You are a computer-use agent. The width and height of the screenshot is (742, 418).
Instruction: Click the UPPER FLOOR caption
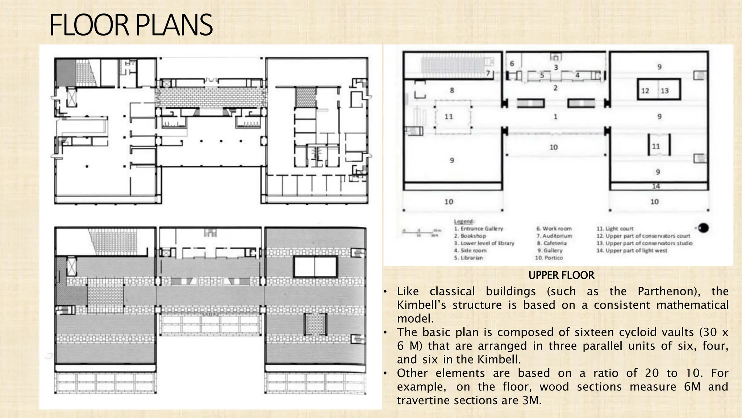point(561,275)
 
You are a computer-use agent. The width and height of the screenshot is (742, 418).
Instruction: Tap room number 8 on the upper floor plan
point(452,90)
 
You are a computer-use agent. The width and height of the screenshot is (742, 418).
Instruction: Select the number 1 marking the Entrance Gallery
point(555,117)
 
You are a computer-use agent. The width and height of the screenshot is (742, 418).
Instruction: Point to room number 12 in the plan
point(645,91)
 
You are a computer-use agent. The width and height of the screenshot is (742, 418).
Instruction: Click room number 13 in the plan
point(664,91)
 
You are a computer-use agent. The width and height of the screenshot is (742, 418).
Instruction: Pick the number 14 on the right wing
point(656,187)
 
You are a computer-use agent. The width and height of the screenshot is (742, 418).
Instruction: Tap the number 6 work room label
point(512,63)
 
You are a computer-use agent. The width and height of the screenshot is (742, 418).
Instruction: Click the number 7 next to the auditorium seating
point(488,73)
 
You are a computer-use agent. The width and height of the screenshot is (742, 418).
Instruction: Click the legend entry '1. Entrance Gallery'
point(478,229)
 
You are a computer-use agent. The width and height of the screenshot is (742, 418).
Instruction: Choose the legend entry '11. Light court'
point(615,229)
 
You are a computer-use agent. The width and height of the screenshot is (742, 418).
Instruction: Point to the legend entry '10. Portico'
point(549,258)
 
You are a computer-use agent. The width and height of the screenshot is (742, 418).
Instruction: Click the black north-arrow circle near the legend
point(703,228)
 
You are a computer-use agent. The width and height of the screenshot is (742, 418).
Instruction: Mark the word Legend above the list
point(464,221)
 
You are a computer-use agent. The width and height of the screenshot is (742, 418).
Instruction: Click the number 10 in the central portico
point(553,147)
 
